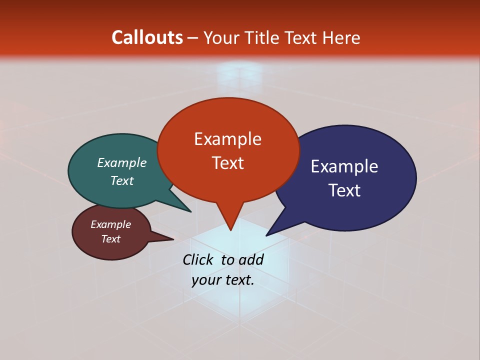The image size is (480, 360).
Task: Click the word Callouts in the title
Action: [x=147, y=37]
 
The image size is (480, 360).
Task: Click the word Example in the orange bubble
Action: [x=227, y=139]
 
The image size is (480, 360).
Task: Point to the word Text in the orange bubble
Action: [x=227, y=163]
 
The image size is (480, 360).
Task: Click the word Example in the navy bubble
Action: [x=344, y=166]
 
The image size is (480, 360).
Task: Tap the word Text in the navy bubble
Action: [x=344, y=190]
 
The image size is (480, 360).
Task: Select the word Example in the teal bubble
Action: [x=122, y=163]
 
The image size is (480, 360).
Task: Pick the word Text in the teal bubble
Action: [x=122, y=180]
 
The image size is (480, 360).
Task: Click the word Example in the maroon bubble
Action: [x=111, y=224]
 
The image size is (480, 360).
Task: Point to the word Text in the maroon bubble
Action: [x=111, y=239]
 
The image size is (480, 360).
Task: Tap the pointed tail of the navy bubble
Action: [x=270, y=232]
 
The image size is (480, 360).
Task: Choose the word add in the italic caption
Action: [x=251, y=259]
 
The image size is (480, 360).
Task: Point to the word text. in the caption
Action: [x=238, y=280]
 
